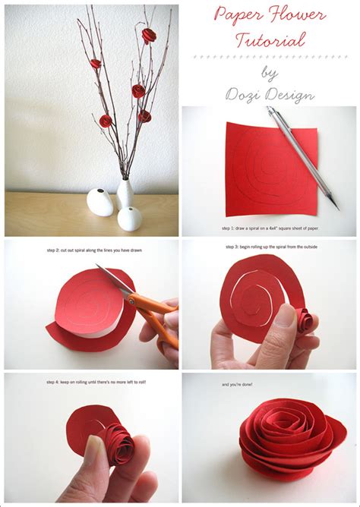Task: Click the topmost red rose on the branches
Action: [148, 34]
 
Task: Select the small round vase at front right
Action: [130, 218]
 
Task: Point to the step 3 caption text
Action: [268, 247]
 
